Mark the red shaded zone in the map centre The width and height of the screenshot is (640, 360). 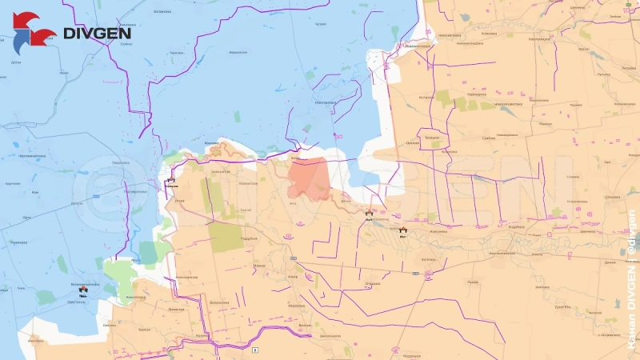tap(308, 178)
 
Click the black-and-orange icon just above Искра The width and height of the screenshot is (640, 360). tap(170, 181)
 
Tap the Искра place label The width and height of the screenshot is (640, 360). tap(179, 200)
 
